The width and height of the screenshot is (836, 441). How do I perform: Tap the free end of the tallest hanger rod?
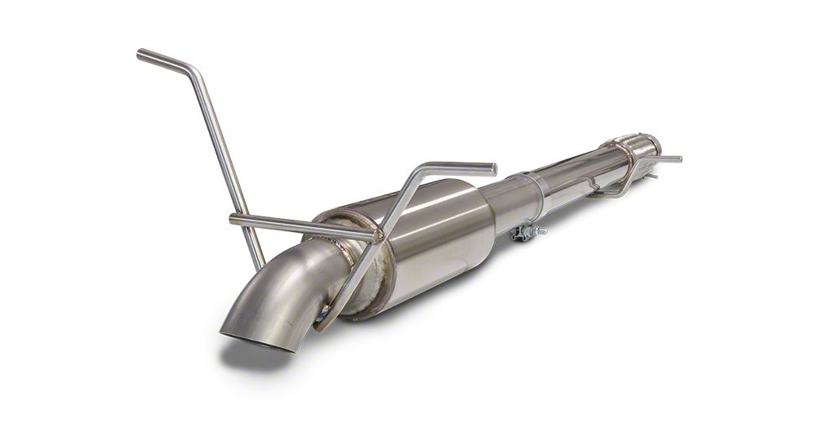click(x=140, y=54)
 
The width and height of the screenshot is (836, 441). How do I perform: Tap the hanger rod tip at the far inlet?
click(x=677, y=158)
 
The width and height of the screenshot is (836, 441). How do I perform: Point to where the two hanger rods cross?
click(x=377, y=236)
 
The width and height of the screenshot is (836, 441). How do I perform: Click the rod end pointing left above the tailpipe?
click(x=234, y=218)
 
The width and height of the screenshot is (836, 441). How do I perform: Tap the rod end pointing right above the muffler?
click(x=492, y=168)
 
